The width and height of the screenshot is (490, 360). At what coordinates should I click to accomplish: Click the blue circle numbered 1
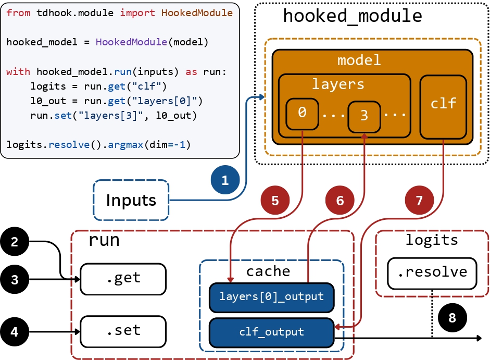click(x=225, y=181)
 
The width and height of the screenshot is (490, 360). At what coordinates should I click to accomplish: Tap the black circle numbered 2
click(x=15, y=242)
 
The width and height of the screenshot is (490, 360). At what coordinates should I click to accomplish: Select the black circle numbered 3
click(x=15, y=280)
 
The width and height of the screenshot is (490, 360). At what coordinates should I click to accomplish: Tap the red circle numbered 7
click(x=420, y=200)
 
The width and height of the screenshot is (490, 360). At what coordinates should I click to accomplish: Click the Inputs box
click(x=131, y=200)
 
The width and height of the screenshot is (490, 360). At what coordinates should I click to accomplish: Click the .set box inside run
click(x=123, y=331)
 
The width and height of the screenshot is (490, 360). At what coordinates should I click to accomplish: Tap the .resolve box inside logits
click(x=432, y=272)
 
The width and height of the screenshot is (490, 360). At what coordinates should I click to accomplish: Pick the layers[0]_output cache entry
click(x=271, y=297)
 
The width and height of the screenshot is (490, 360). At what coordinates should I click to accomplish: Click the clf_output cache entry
click(x=271, y=332)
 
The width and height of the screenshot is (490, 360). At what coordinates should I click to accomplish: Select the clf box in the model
click(x=443, y=107)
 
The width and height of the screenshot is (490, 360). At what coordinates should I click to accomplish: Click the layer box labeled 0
click(x=302, y=113)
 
